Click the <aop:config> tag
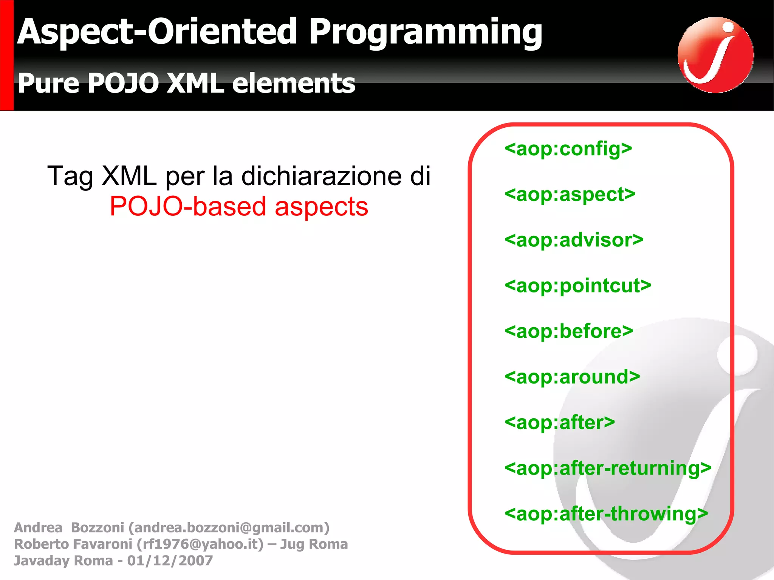pyautogui.click(x=568, y=149)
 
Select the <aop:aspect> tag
pyautogui.click(x=570, y=195)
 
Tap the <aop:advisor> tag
pyautogui.click(x=574, y=240)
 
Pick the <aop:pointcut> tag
pyautogui.click(x=578, y=286)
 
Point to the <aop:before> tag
pyautogui.click(x=569, y=331)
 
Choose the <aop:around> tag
pyautogui.click(x=572, y=377)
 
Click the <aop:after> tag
pyautogui.click(x=560, y=422)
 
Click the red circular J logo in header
pyautogui.click(x=715, y=55)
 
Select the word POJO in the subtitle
pyautogui.click(x=123, y=83)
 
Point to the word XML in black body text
pyautogui.click(x=129, y=176)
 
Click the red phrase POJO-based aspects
pyautogui.click(x=239, y=207)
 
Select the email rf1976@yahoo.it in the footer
pyautogui.click(x=200, y=544)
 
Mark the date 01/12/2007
pyautogui.click(x=170, y=561)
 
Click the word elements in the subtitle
pyautogui.click(x=293, y=83)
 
